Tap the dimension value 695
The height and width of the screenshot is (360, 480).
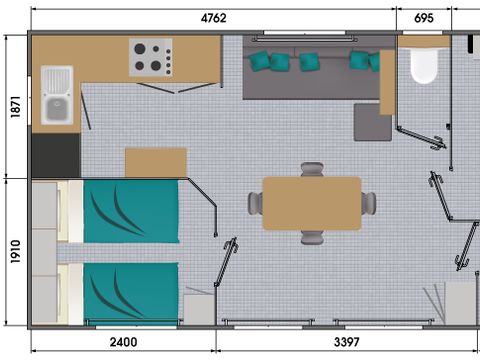(423, 17)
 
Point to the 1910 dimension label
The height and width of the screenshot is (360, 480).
(11, 256)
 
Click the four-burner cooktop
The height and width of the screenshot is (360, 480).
(151, 57)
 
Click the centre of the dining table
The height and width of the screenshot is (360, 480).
(311, 203)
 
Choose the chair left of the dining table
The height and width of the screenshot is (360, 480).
(255, 203)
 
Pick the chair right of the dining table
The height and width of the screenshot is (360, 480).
(368, 203)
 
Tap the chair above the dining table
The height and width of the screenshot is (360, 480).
(312, 170)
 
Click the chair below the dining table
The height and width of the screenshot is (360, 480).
(312, 236)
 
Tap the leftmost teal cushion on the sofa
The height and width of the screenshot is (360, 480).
(261, 61)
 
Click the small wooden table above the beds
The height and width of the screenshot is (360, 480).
(155, 162)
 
